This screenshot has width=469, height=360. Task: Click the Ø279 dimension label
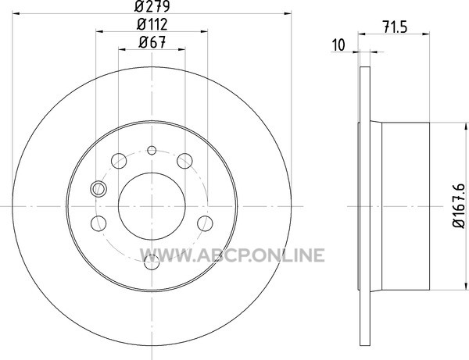152,6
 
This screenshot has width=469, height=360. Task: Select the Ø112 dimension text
152,24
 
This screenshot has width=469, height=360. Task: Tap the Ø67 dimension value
152,42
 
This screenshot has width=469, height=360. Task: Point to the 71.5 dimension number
395,27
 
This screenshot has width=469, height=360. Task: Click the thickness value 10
338,45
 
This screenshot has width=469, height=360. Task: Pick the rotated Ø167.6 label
459,205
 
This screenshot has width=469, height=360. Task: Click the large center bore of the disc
152,206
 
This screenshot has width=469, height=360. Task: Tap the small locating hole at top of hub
152,150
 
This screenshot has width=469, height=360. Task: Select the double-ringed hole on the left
98,189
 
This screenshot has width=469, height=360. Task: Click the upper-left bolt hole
119,161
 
